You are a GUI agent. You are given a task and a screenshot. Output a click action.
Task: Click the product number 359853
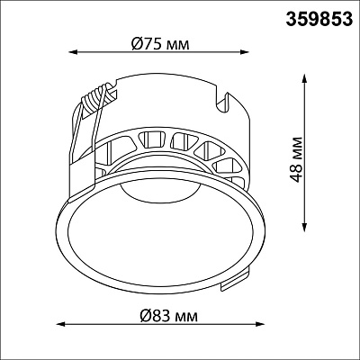[x=319, y=20]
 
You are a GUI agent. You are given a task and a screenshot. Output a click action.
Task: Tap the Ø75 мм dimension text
[x=160, y=44]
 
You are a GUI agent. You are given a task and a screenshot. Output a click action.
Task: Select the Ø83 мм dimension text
[x=169, y=316]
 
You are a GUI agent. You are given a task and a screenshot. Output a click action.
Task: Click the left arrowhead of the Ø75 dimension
[x=74, y=52]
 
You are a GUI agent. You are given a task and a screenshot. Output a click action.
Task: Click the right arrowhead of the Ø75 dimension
[x=244, y=52]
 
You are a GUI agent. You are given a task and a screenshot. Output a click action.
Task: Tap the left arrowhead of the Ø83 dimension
[x=61, y=324]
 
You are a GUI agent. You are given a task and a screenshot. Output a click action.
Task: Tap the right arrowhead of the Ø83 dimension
[x=259, y=324]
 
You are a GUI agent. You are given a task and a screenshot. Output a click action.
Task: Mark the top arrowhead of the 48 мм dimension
[x=305, y=78]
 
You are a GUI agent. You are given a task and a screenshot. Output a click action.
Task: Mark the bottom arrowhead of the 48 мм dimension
[x=305, y=227]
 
